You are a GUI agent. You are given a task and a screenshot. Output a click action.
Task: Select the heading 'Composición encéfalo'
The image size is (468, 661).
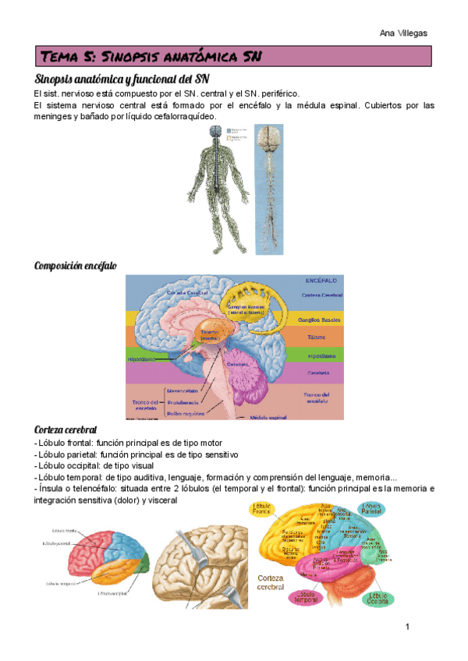76,266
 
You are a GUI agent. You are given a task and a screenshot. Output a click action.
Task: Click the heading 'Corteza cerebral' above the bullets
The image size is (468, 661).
66,429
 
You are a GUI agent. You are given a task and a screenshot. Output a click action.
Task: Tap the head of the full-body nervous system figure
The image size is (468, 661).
210,133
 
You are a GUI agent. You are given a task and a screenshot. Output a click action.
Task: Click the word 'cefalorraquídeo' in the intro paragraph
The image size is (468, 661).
183,116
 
